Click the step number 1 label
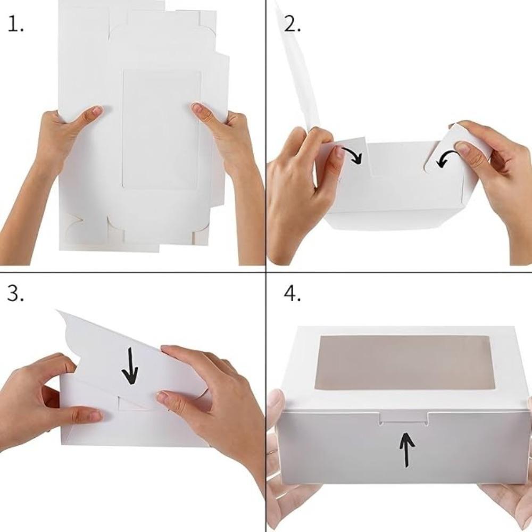point(15,25)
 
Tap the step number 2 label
point(292,24)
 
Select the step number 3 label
point(15,293)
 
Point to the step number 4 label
point(292,293)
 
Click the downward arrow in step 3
point(130,366)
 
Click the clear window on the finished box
point(406,362)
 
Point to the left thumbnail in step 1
point(96,111)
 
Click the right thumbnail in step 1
point(198,108)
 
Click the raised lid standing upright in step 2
point(298,71)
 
